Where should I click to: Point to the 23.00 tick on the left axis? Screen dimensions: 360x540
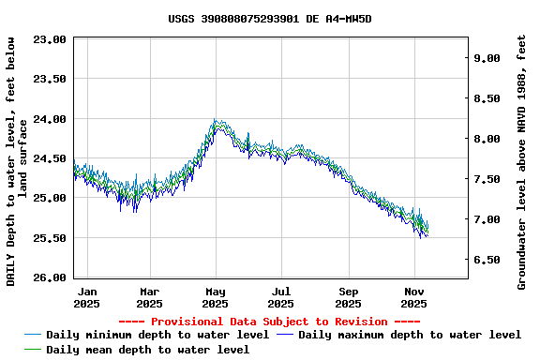pos(50,39)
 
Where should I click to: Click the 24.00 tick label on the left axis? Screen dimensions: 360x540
pos(50,119)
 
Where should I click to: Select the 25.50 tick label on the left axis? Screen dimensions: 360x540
pos(50,238)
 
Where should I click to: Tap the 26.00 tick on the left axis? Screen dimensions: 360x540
pos(50,277)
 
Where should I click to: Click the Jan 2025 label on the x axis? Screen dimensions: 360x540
pos(86,297)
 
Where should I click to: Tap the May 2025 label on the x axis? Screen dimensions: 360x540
pos(216,297)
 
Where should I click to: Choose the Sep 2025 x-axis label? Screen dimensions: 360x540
pos(349,297)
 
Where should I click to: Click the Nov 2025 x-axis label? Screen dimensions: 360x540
pos(414,297)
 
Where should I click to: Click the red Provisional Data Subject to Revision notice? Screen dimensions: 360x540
pos(270,322)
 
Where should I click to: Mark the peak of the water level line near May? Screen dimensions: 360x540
pos(216,122)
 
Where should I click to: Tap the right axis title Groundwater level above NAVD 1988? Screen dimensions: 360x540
pos(521,161)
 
